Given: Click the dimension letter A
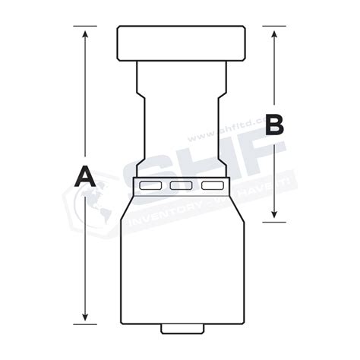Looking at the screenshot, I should tap(86, 177).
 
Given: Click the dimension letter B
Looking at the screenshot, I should tap(274, 124).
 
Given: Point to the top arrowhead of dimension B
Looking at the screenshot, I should tap(274, 32).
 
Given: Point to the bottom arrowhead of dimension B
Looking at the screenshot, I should tap(274, 216).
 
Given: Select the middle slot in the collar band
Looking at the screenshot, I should tap(180, 185).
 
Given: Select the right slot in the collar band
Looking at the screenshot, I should tap(210, 185).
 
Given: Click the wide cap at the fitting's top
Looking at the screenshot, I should tap(180, 44).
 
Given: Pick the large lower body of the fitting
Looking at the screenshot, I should tap(180, 258).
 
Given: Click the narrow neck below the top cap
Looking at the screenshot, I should tap(180, 114).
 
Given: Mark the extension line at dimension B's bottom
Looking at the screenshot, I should tap(274, 221).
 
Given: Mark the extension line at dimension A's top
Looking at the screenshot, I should tap(86, 27).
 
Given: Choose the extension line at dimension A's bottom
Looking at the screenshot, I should tap(86, 322).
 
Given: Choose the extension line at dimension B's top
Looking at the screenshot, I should tap(274, 26).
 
